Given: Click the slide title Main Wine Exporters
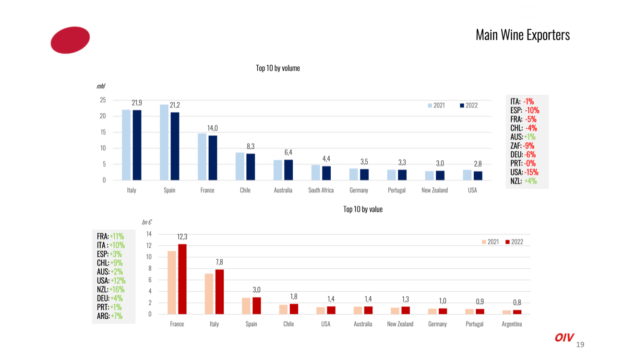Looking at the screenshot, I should point(522,35).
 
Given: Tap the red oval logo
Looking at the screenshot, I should point(70,40).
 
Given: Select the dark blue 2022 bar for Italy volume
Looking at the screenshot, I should point(137,145).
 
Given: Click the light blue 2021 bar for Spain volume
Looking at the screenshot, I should point(164,142).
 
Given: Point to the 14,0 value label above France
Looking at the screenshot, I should point(213,128).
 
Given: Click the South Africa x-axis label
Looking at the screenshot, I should point(321,190).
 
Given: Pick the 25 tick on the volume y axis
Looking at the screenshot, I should point(103,100).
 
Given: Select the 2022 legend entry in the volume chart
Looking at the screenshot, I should point(468,105).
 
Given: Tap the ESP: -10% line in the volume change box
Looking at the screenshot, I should point(525,110).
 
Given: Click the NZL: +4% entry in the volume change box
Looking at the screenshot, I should point(523,181).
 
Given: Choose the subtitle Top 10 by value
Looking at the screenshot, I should point(363,209).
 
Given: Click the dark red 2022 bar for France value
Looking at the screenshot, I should point(182,279).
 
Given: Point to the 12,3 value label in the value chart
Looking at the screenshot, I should point(182,237).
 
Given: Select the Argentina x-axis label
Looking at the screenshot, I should point(512,324).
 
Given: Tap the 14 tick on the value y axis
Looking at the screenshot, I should point(149,234).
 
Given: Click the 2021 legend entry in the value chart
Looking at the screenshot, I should point(490,242).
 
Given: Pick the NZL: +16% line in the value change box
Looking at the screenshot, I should point(110,289).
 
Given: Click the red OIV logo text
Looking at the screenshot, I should point(564,338).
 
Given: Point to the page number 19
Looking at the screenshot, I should point(580,345).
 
